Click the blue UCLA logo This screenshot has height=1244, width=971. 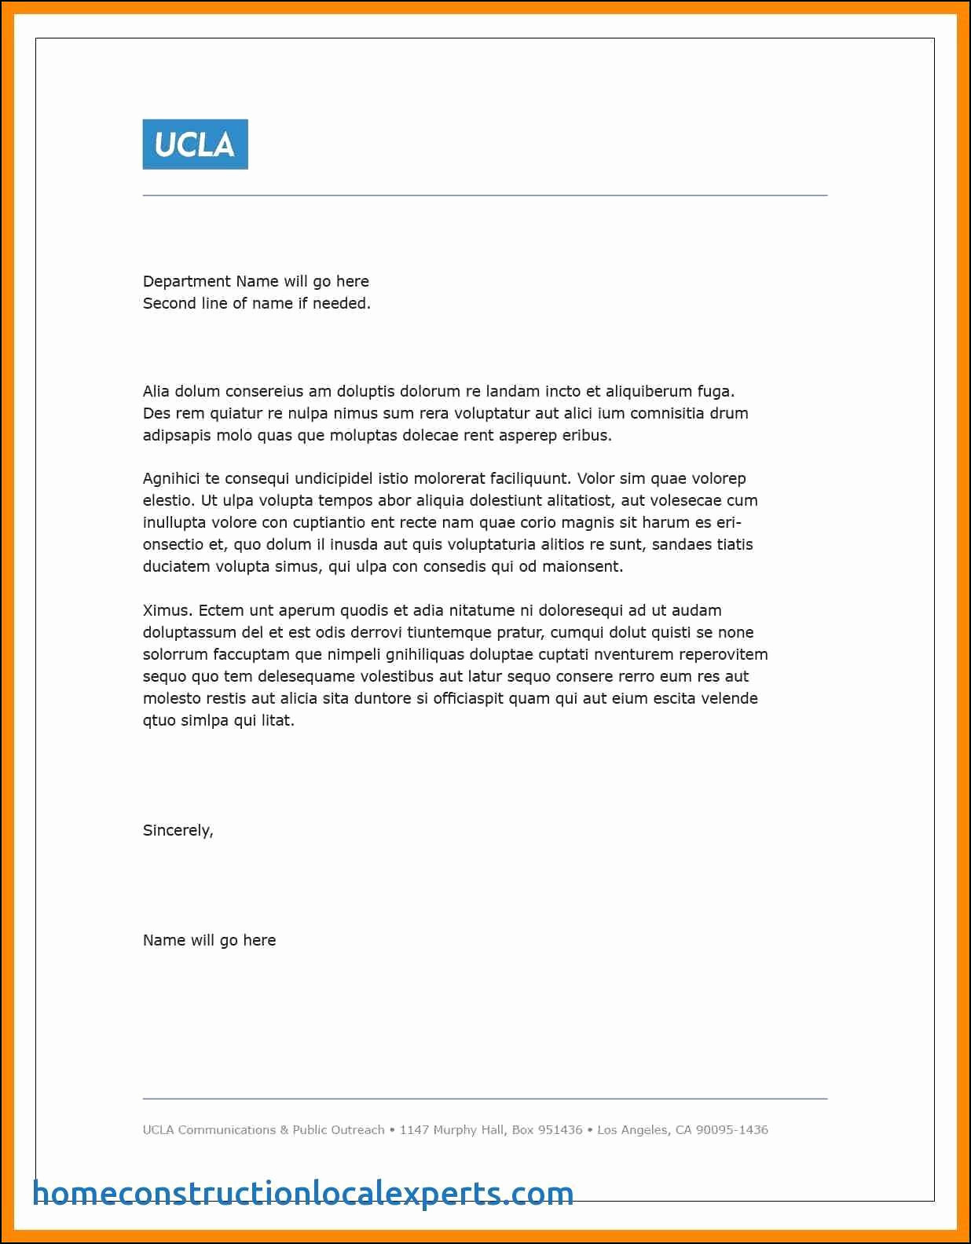(195, 145)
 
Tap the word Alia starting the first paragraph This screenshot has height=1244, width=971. (156, 391)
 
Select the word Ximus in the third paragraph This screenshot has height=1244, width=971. (166, 610)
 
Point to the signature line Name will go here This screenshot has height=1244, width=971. (209, 940)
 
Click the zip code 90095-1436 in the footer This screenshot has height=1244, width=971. (731, 1130)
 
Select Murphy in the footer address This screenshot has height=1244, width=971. (455, 1130)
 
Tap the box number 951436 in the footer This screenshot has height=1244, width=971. (560, 1130)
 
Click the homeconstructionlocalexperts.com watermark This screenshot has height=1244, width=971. (303, 1193)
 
